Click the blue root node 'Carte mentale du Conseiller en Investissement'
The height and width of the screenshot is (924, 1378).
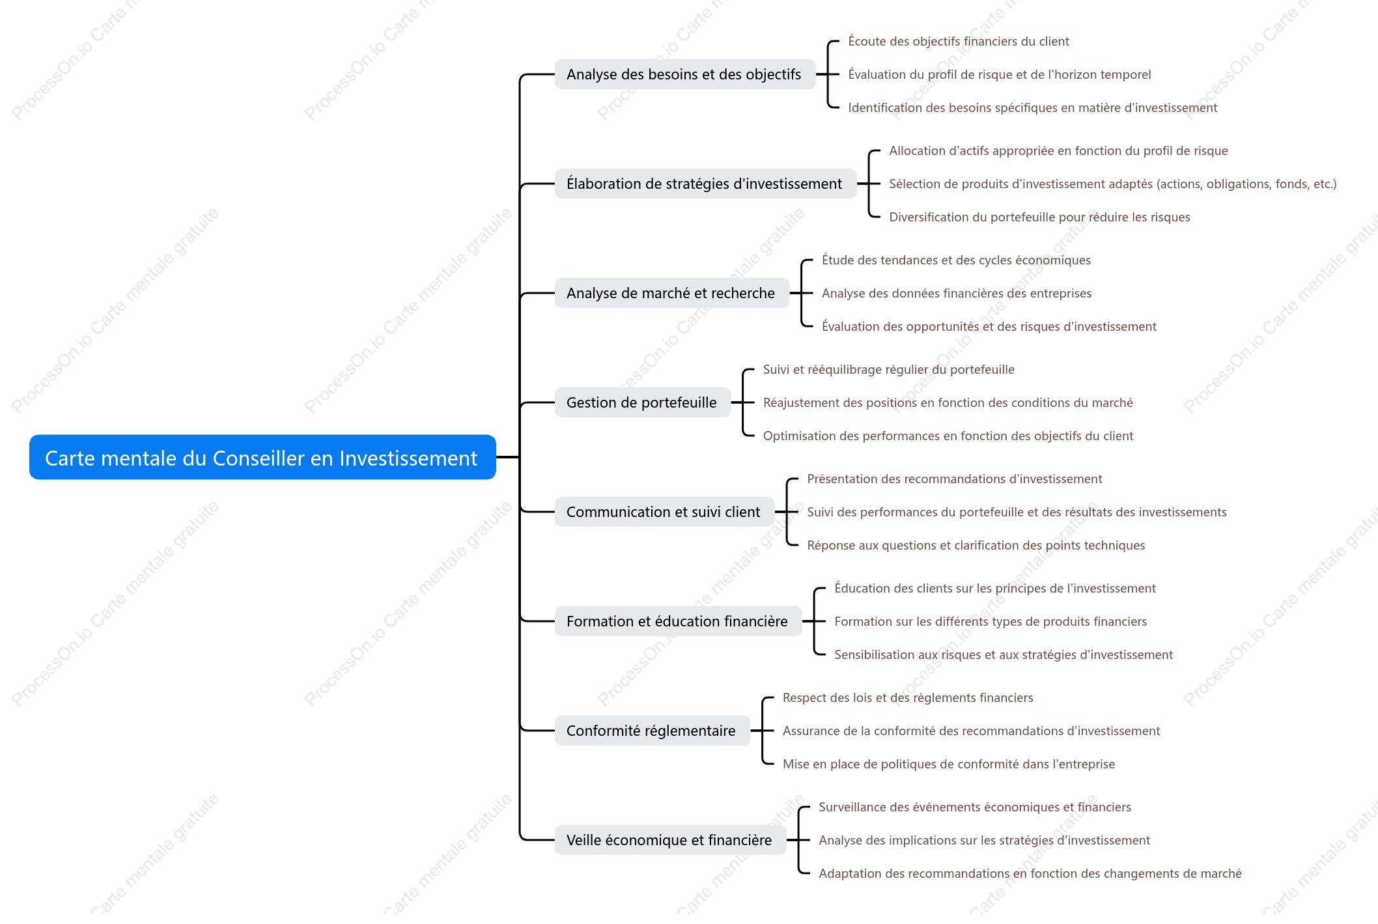point(262,457)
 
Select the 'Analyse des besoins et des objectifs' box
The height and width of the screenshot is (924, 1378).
point(685,74)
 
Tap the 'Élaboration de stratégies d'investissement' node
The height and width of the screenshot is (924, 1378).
point(705,184)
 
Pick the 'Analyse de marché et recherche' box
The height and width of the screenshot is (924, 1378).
point(671,293)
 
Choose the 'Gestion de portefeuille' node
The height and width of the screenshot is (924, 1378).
point(642,402)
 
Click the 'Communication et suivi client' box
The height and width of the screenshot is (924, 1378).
point(664,512)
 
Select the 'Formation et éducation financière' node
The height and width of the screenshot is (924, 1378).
point(678,621)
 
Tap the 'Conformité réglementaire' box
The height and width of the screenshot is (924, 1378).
point(652,731)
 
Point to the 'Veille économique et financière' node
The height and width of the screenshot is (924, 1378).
point(670,840)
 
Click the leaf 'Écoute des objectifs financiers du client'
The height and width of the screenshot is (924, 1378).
point(959,42)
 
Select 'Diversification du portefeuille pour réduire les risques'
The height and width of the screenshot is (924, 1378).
point(1039,217)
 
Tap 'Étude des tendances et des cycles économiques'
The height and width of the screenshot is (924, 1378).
point(956,260)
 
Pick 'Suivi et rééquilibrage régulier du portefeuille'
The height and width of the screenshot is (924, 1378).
point(889,370)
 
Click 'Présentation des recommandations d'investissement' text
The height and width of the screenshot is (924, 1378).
point(955,479)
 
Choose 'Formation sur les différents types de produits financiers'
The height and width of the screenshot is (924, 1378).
point(991,622)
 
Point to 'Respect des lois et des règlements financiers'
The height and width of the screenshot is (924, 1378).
point(908,698)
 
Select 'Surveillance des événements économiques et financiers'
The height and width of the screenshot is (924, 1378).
point(975,807)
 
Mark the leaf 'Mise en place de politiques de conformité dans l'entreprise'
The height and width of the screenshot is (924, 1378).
point(949,764)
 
